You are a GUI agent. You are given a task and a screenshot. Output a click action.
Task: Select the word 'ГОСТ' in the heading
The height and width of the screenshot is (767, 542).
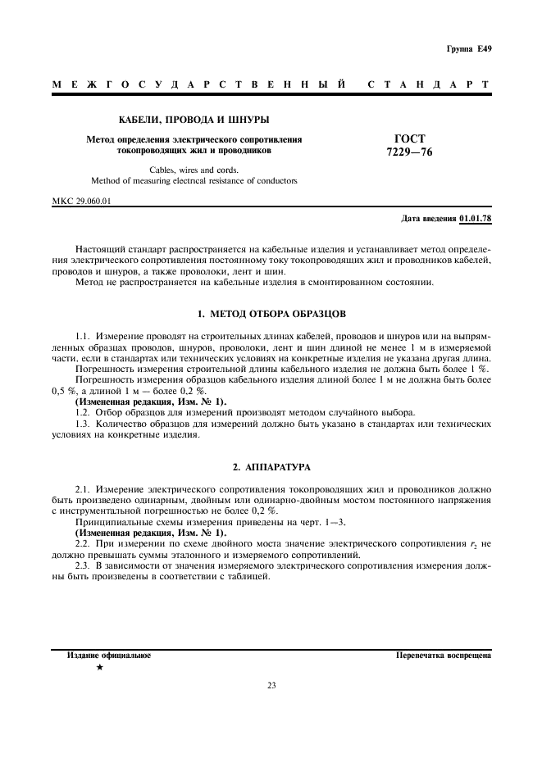point(410,138)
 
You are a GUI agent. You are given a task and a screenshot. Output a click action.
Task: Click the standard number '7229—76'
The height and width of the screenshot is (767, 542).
point(410,152)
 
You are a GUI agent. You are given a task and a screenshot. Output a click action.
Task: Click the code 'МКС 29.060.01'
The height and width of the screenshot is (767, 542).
point(81,201)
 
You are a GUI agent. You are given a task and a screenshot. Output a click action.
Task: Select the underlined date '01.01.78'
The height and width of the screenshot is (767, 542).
point(476,219)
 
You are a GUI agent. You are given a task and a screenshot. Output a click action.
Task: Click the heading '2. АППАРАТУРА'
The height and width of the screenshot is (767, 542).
point(271,466)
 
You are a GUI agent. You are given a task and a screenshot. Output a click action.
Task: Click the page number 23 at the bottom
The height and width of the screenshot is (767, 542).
point(271,686)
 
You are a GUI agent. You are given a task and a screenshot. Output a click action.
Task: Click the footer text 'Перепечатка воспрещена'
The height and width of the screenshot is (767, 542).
point(443,656)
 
